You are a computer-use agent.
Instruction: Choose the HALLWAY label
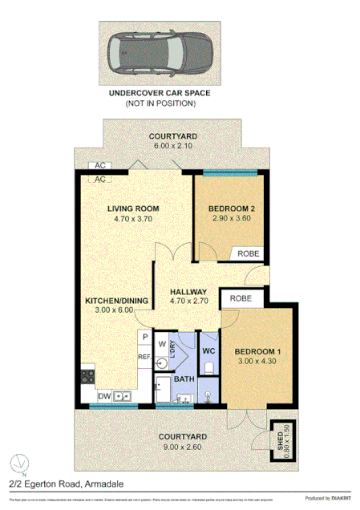point(188,291)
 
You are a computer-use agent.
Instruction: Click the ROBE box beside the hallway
point(241,298)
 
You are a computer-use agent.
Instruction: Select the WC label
point(207,350)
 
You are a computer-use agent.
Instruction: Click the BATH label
point(184,378)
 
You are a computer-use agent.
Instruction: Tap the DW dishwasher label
point(104,395)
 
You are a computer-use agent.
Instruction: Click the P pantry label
point(144,338)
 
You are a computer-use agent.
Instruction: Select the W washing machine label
point(161,345)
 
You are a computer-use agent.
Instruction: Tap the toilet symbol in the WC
point(208,368)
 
